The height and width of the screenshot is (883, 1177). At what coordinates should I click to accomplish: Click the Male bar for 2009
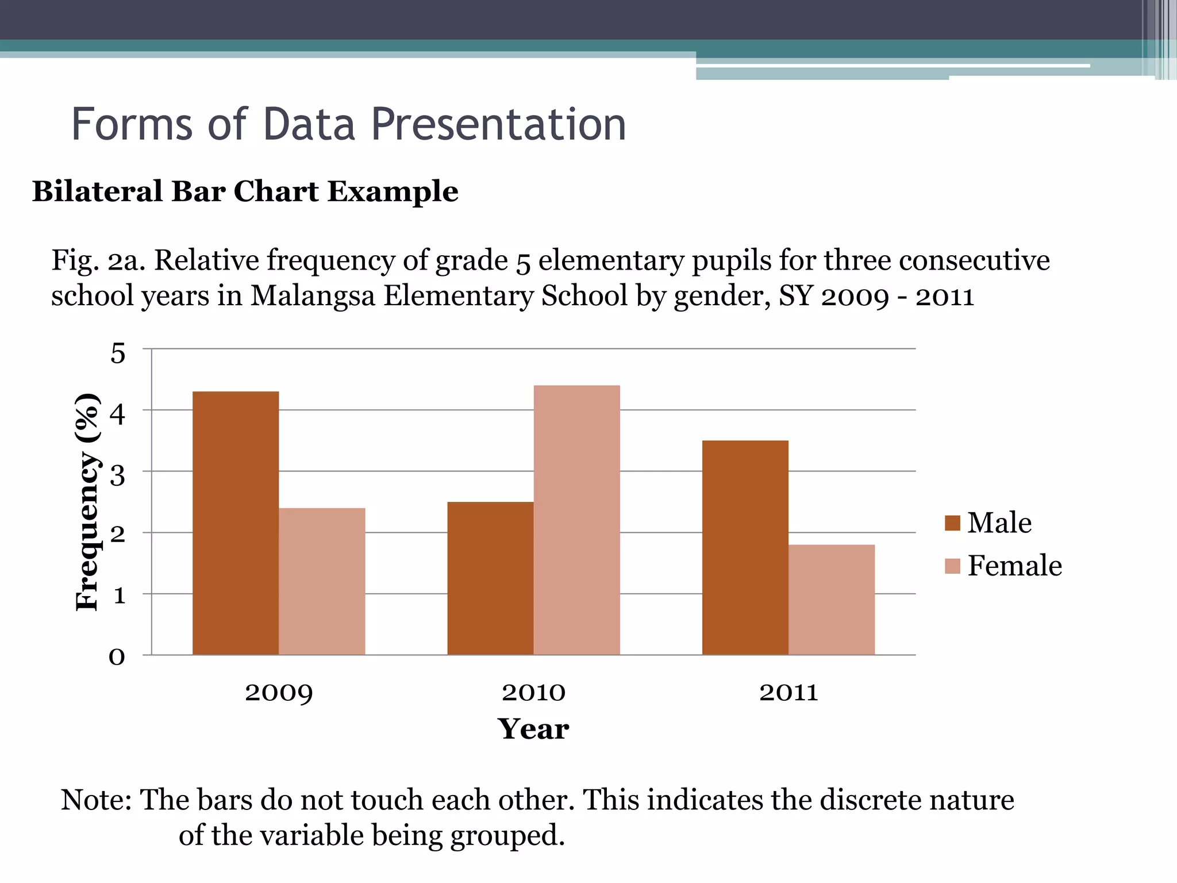coord(236,523)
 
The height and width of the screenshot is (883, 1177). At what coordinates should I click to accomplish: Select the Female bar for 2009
coord(322,581)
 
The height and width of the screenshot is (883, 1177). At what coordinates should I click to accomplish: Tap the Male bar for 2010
coord(490,578)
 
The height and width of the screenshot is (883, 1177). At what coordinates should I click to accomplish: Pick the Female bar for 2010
coord(576,520)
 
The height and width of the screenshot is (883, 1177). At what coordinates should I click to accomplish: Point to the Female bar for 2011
coord(831,600)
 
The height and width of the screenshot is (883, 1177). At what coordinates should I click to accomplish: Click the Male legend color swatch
coord(952,523)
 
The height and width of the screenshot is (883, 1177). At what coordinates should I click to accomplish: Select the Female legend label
coord(1014,566)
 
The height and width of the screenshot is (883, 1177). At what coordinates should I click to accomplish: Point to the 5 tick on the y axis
coord(117,353)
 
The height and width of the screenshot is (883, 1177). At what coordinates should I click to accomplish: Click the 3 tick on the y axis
coord(117,475)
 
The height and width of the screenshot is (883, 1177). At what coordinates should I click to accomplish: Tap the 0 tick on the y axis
coord(117,656)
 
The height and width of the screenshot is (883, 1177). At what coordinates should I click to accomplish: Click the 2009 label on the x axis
coord(279,692)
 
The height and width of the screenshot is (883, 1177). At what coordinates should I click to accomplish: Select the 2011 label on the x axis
coord(788,692)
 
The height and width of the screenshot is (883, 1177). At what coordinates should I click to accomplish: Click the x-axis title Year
coord(533,729)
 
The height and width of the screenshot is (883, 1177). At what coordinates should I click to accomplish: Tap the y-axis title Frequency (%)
coord(88,501)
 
